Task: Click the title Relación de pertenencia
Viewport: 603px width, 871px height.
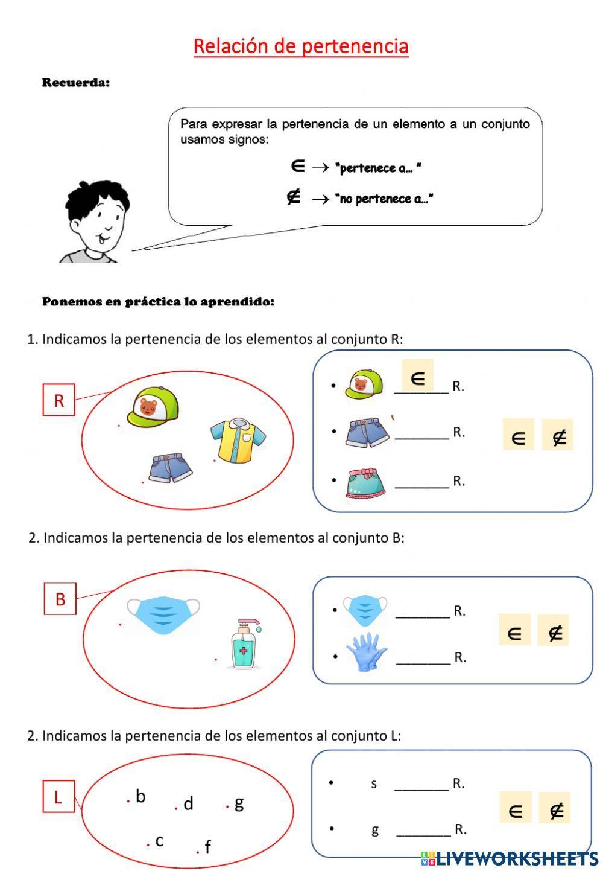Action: (x=301, y=46)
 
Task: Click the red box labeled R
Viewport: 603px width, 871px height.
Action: (x=58, y=400)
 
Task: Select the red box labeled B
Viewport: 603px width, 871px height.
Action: (x=60, y=599)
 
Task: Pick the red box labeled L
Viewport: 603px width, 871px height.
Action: (x=58, y=797)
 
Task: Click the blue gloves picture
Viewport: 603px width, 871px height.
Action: (x=366, y=652)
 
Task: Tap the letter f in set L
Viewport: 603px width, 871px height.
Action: (x=207, y=847)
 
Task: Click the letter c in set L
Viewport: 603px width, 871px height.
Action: (x=159, y=840)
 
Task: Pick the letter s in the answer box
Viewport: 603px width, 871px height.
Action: (x=374, y=783)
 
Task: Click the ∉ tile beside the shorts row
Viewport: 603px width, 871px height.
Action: (x=558, y=435)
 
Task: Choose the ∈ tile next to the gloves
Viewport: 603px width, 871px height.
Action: (x=514, y=630)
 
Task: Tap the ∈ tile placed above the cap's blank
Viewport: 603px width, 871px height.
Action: (x=417, y=376)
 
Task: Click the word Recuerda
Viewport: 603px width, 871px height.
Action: (x=76, y=83)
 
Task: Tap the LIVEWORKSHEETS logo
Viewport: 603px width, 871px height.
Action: (x=510, y=858)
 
